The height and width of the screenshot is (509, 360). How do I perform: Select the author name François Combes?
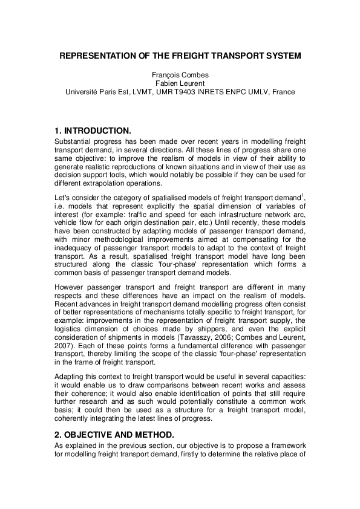coord(180,75)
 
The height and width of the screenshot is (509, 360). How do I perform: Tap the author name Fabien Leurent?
coord(180,83)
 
